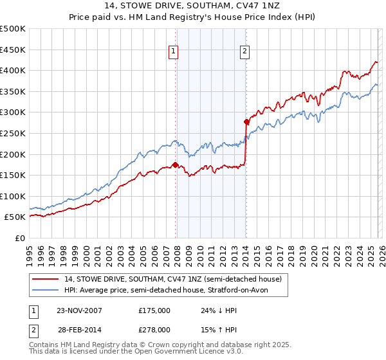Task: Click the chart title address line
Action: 193,6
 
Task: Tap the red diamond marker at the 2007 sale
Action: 176,165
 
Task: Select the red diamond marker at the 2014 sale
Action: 246,122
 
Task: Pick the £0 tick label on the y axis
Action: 19,239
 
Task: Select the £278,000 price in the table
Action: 154,330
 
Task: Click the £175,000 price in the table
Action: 154,310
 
